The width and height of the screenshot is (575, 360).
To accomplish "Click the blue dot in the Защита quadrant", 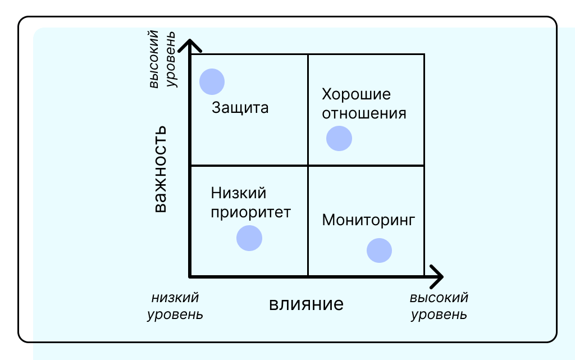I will coord(212,81).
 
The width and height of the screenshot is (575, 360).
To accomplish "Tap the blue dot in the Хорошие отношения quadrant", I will coord(339,138).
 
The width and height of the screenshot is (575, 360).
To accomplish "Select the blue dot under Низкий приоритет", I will coord(249,238).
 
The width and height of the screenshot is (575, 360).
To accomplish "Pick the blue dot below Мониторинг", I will coord(380,250).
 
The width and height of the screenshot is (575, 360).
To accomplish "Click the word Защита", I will coord(240,108).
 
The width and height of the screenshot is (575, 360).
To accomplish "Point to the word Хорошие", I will coord(355,94).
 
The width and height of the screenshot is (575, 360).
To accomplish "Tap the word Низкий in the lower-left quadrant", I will coord(239,193).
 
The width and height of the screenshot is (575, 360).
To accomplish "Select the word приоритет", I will coord(251,212).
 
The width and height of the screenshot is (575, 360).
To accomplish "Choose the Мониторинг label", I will coord(368,220).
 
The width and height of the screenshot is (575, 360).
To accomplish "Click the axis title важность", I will coord(160,168).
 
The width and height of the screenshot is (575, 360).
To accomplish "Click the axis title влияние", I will coord(306,304).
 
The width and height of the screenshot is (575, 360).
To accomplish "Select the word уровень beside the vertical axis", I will coord(171,60).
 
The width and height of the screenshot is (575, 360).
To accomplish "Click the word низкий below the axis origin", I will coord(175,298).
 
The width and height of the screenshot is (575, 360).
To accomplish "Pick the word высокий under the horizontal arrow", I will coord(439,298).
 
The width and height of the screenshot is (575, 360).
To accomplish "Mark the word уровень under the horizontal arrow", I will coord(439,314).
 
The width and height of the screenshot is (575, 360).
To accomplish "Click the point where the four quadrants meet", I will coord(308,165).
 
